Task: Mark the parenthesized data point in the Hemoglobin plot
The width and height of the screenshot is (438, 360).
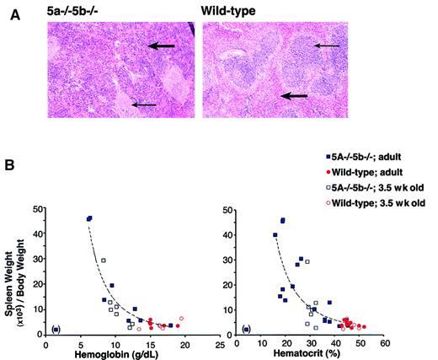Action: pyautogui.click(x=56, y=329)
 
